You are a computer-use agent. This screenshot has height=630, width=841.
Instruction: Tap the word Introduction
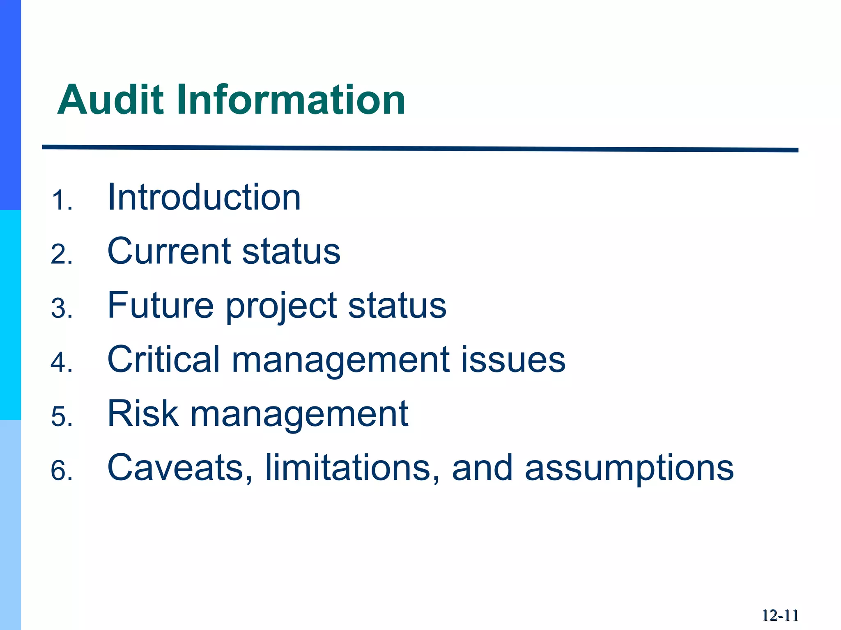click(204, 197)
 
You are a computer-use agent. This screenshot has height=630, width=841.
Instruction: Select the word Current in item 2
click(168, 251)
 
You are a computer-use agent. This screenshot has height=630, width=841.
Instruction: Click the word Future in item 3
click(161, 305)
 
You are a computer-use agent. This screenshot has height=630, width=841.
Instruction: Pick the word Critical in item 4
click(163, 359)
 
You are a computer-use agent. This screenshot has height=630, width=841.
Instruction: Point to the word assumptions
click(629, 468)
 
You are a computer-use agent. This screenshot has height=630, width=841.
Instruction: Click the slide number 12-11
click(780, 616)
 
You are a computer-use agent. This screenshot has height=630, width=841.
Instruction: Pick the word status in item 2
click(291, 251)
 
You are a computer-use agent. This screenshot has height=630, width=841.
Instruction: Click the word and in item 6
click(482, 468)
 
